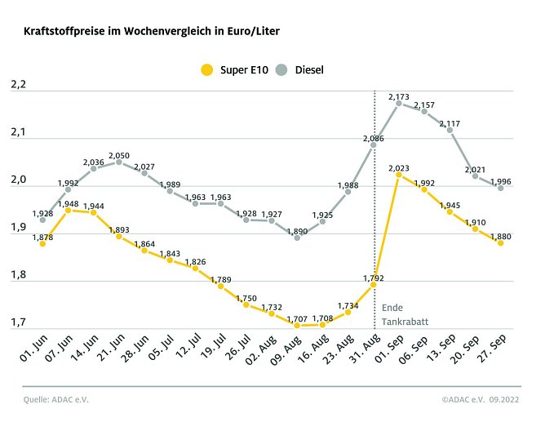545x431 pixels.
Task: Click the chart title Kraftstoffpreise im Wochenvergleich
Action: point(152,31)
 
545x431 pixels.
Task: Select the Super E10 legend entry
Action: point(233,69)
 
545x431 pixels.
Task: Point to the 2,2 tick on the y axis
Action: point(19,85)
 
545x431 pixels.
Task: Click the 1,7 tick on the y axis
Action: point(19,322)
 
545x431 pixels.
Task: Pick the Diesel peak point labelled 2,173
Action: point(398,104)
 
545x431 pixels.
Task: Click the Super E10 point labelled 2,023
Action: point(398,175)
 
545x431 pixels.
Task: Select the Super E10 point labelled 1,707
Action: point(297,325)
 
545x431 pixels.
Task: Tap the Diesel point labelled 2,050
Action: point(118,162)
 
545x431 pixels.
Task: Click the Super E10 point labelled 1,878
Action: point(42,243)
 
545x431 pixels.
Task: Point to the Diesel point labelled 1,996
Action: point(500,188)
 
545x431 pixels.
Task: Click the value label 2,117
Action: point(450,123)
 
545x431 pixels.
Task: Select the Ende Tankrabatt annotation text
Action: point(398,314)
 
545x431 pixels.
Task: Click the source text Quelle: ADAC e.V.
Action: point(55,400)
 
